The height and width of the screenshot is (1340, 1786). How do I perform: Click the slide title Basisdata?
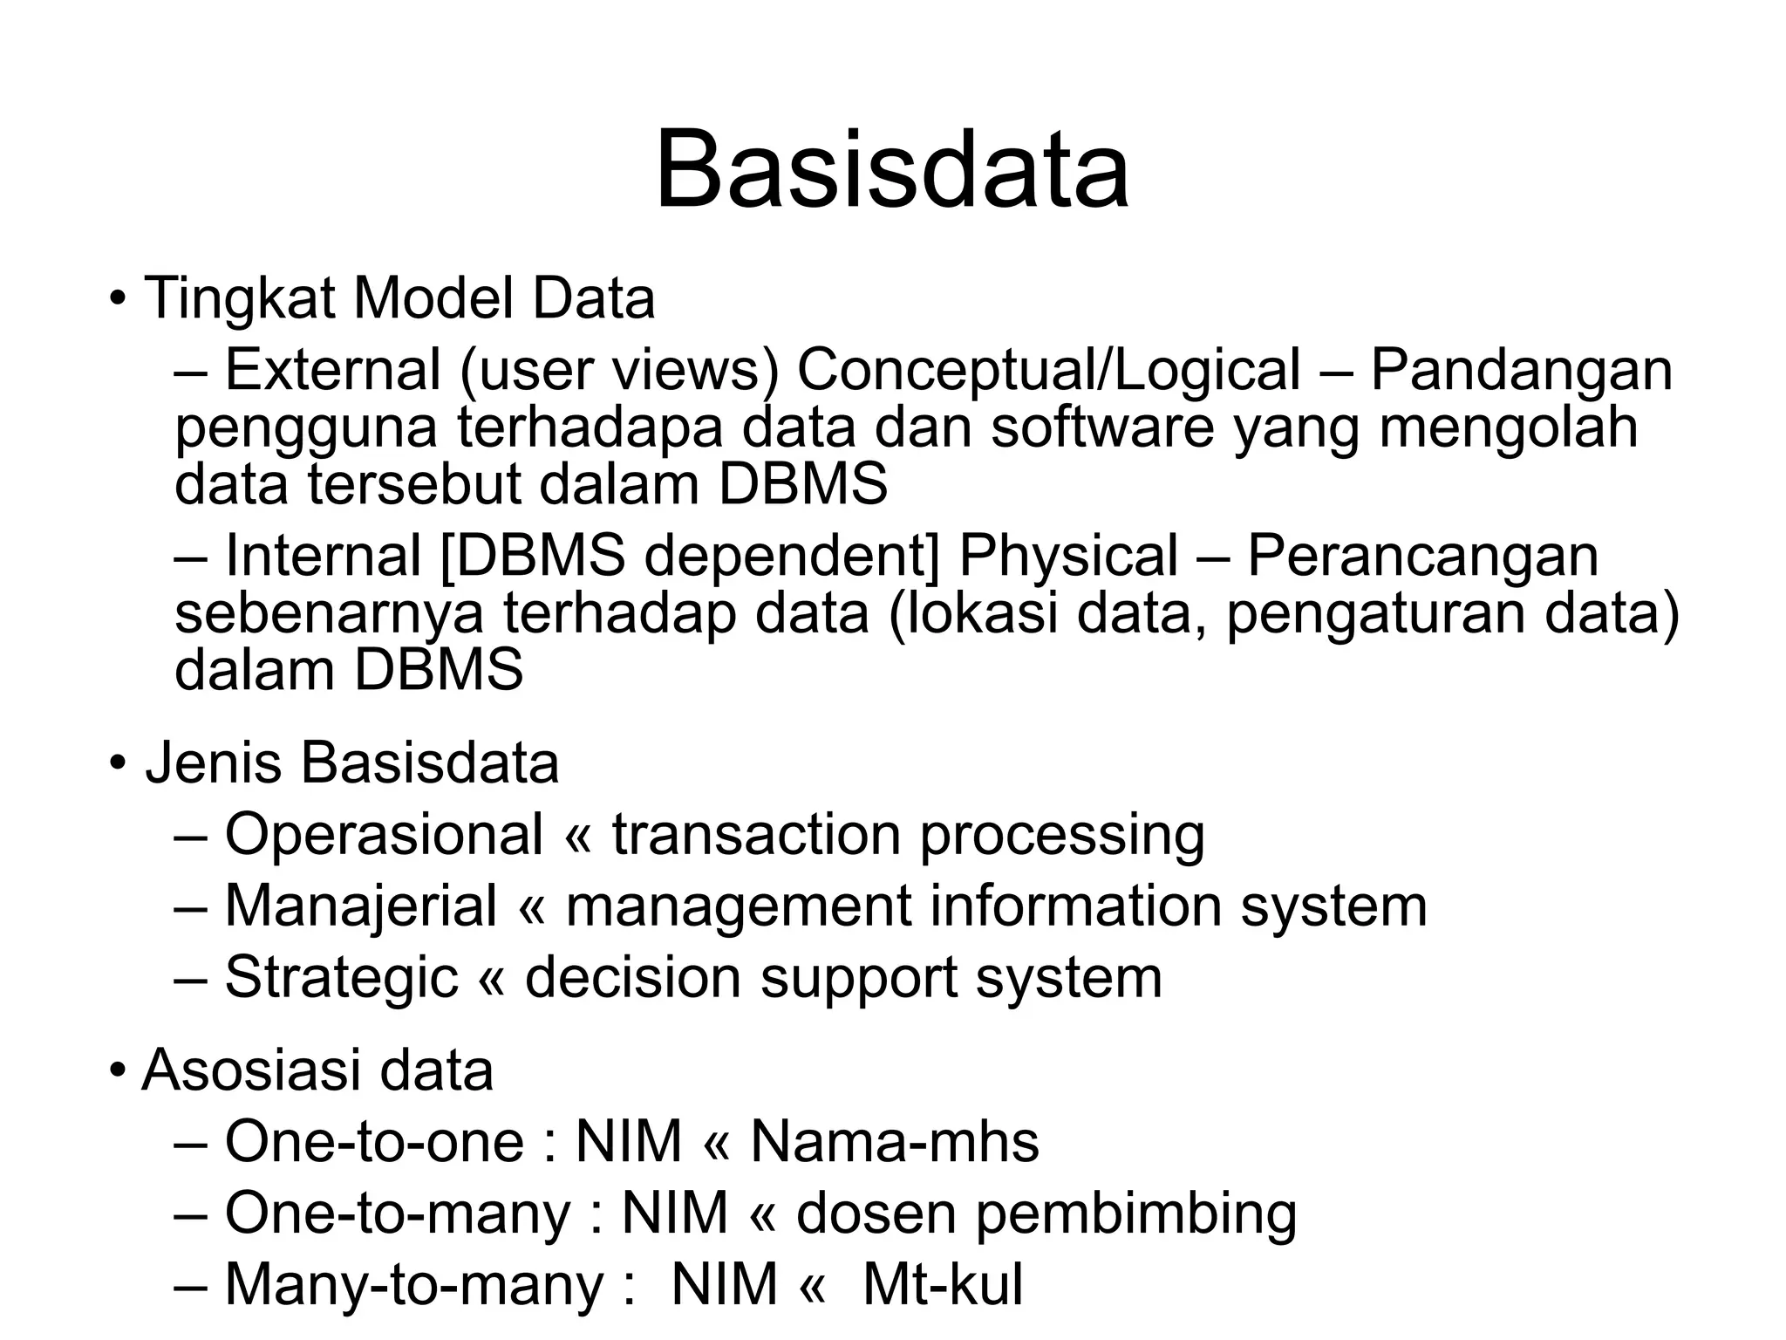click(892, 170)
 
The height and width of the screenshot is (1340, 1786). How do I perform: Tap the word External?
click(332, 370)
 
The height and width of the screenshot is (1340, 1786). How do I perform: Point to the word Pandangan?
click(1521, 370)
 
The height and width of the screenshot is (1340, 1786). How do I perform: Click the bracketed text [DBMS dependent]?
click(691, 556)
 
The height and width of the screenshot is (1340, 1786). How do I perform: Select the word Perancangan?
click(1422, 556)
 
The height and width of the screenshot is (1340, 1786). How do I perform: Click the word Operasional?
click(384, 834)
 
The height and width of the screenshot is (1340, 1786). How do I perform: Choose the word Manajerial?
click(360, 906)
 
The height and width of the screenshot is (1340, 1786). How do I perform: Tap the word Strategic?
click(341, 977)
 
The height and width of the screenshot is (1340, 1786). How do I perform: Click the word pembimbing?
click(1135, 1214)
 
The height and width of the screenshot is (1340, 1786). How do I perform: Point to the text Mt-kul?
click(942, 1285)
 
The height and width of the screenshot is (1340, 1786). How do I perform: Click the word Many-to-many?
click(414, 1285)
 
